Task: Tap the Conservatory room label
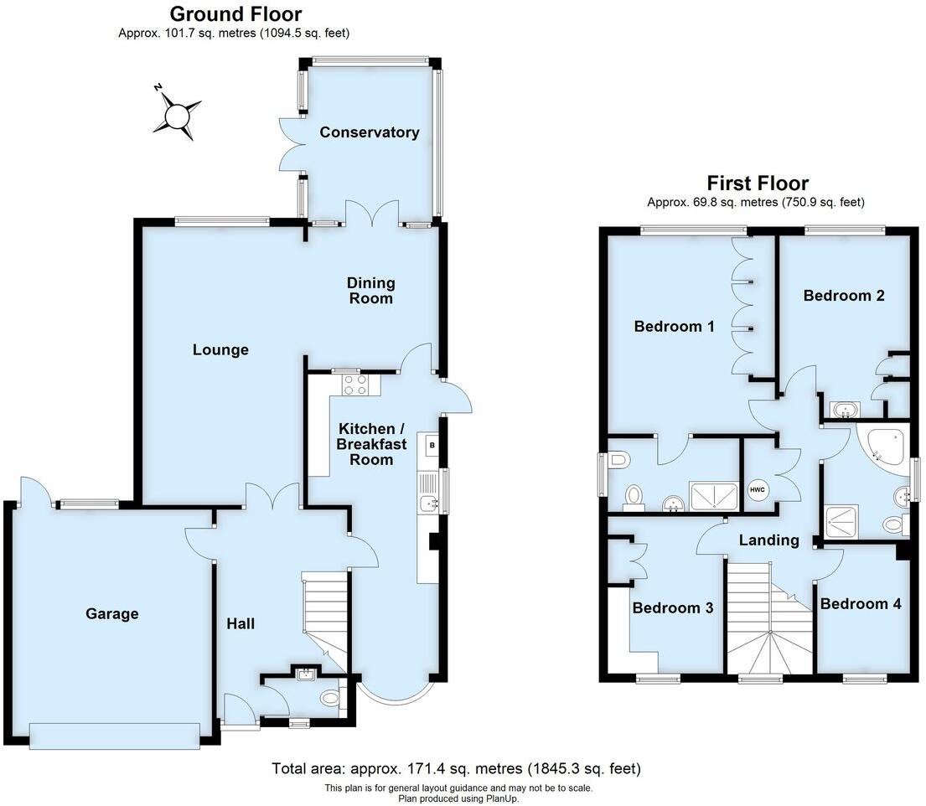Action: coord(369,132)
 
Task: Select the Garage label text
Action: coord(111,614)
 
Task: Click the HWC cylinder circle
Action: coord(757,489)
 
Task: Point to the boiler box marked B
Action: coord(432,446)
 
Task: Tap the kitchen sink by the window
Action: coord(429,504)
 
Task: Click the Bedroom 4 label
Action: coord(861,603)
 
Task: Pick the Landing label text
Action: coord(768,540)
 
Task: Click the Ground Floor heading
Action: coord(235,14)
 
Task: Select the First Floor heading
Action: coord(757,183)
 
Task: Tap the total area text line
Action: coord(456,768)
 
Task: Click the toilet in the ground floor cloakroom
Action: coord(329,697)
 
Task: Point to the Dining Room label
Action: coord(371,291)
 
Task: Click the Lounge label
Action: coord(220,349)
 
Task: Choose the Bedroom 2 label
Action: coord(843,295)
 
